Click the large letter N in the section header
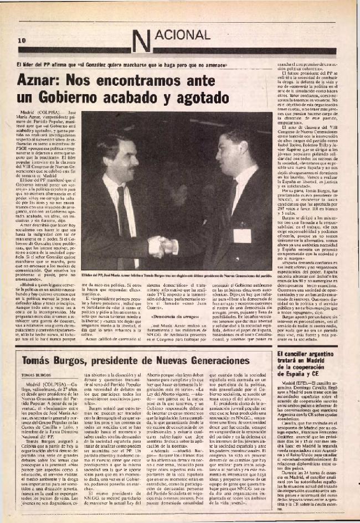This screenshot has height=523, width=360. pos(142,39)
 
